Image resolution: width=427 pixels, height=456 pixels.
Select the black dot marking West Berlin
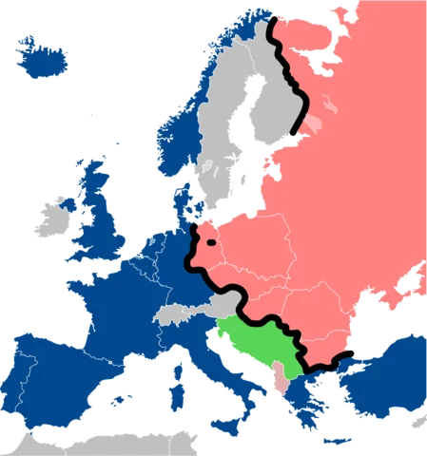pyautogui.click(x=210, y=244)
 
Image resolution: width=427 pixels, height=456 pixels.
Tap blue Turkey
pyautogui.click(x=380, y=380)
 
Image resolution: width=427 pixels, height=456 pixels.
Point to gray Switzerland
pyautogui.click(x=171, y=313)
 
